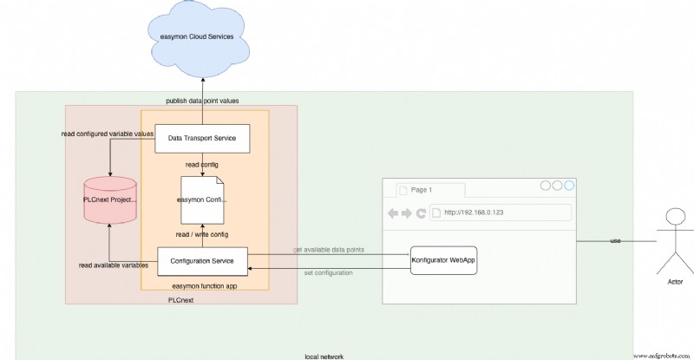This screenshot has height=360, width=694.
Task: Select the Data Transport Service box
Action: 202,138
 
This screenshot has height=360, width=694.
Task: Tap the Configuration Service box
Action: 202,260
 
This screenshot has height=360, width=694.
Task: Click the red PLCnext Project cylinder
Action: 110,200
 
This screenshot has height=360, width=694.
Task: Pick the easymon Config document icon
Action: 202,200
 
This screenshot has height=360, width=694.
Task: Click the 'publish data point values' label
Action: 202,101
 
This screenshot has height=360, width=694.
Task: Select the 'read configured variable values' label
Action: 108,134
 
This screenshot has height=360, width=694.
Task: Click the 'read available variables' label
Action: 113,265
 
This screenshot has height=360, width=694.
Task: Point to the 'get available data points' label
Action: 328,250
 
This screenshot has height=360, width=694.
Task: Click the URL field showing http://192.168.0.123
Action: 503,213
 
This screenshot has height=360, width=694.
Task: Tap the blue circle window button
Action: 569,186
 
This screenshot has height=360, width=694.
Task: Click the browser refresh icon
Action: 422,213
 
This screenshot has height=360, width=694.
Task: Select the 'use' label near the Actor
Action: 615,240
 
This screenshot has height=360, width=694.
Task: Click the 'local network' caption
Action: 323,356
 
